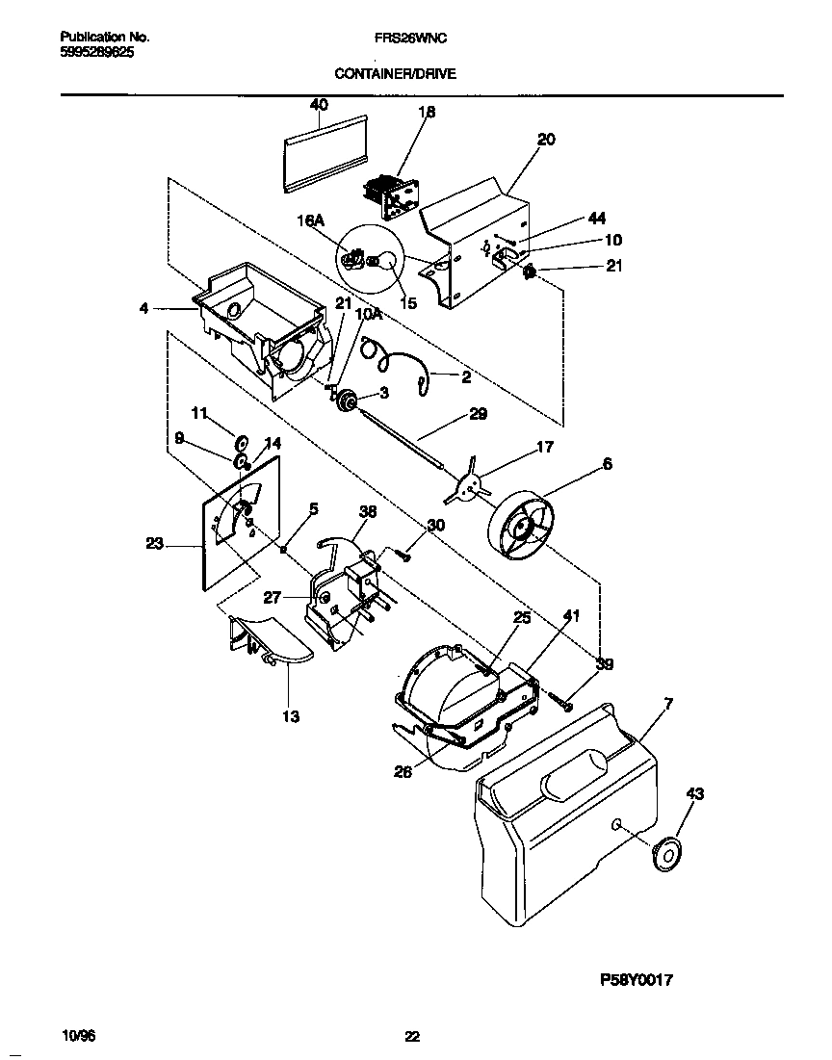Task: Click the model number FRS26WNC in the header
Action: [x=409, y=38]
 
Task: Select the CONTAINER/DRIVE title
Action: [x=396, y=73]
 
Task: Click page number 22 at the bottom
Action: [x=411, y=1036]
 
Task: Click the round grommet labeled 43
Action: [x=664, y=853]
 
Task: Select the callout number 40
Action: [x=319, y=105]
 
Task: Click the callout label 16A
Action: [x=307, y=220]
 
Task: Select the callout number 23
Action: [x=154, y=544]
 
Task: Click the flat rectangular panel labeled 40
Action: [x=327, y=154]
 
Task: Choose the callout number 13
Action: [x=291, y=716]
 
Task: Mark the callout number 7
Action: [x=669, y=703]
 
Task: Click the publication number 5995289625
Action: [x=91, y=54]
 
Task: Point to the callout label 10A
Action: [x=367, y=314]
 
